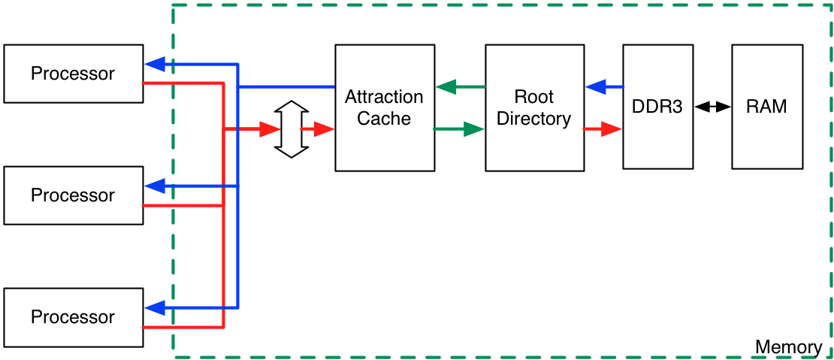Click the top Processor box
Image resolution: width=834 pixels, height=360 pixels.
click(73, 74)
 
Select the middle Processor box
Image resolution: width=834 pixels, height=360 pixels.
click(73, 195)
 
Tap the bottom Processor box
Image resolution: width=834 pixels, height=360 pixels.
click(73, 317)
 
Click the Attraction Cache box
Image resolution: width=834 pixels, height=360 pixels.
click(384, 107)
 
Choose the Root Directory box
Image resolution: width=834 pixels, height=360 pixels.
click(534, 107)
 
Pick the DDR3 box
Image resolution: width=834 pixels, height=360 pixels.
click(657, 107)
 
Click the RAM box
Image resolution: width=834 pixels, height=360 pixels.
click(766, 107)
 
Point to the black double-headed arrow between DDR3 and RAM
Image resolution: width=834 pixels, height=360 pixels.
click(712, 107)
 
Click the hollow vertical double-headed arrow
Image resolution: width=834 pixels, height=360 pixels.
click(291, 129)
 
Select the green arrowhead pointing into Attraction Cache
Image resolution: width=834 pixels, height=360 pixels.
click(446, 87)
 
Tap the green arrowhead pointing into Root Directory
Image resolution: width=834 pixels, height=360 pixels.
click(473, 129)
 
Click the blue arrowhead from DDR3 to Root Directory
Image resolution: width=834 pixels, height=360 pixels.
click(596, 87)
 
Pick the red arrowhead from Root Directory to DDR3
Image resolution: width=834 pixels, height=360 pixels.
click(612, 129)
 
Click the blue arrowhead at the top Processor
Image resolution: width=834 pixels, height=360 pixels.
click(155, 64)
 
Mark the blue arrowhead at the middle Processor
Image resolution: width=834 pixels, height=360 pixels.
click(155, 186)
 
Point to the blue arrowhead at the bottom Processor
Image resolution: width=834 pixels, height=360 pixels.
click(155, 307)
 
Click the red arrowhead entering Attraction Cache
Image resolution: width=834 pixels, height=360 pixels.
click(323, 129)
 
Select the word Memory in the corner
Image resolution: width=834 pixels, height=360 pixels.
click(788, 347)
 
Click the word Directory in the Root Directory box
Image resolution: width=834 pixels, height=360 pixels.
click(534, 119)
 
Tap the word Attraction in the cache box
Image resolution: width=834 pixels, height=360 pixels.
click(384, 97)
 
